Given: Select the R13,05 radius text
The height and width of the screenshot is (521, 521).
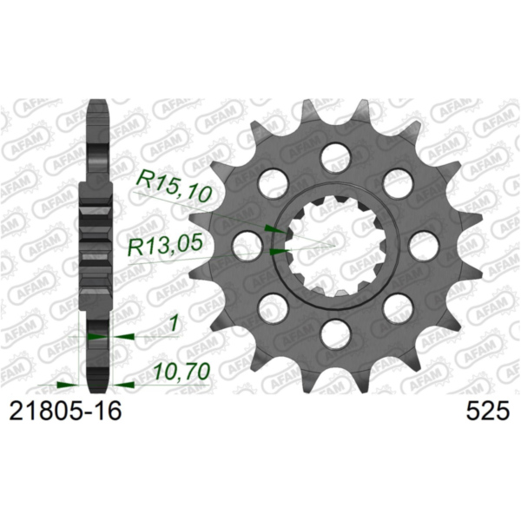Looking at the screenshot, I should tap(165, 247).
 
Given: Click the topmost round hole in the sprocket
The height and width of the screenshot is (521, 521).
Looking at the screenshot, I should tap(334, 157).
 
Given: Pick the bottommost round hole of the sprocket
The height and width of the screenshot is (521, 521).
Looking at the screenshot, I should tap(334, 333).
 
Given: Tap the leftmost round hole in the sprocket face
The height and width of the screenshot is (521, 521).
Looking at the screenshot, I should tap(247, 245).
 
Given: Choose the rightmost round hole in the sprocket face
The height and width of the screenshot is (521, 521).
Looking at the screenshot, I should tap(423, 245).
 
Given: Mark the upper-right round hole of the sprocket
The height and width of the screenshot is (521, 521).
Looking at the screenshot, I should tap(397, 182).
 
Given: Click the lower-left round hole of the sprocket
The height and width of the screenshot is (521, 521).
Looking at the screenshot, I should tap(273, 307).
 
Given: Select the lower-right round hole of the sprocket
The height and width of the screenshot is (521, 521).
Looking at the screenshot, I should tap(397, 307).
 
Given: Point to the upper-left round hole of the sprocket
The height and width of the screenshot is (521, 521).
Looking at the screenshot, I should tap(273, 182).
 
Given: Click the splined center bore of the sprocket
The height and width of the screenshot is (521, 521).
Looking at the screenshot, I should tap(334, 246).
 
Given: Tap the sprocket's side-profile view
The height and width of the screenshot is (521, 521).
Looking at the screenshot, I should tap(97, 243).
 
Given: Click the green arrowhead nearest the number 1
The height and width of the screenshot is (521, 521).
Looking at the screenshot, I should tap(122, 334).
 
